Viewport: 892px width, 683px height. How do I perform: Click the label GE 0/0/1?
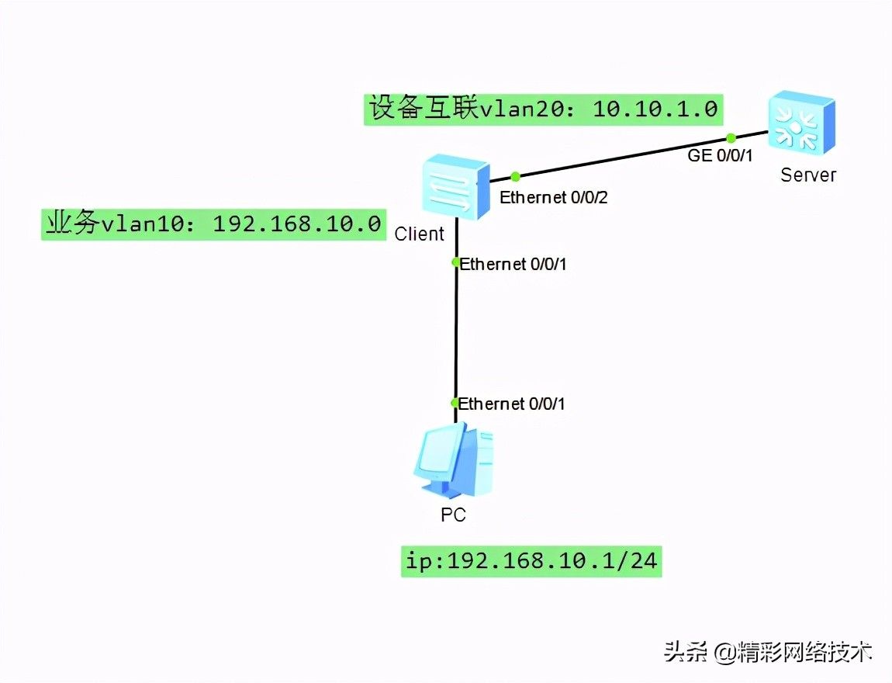pos(721,155)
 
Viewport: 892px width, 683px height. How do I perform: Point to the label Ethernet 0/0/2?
pos(553,198)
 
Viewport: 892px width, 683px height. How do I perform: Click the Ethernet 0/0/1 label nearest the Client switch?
pos(513,265)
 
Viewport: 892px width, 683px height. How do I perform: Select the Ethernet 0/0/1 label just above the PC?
pos(512,404)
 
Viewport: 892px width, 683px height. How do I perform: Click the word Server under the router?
pos(808,175)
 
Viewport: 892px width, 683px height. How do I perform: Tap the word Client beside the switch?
pos(419,234)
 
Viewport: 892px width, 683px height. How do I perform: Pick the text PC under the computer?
pos(453,515)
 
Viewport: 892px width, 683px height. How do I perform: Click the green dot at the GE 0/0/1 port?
pos(730,137)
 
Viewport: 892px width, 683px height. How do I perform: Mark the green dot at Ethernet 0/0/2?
pos(515,177)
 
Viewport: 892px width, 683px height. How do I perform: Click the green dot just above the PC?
pos(456,403)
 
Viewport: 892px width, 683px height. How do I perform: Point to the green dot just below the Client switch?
pos(456,262)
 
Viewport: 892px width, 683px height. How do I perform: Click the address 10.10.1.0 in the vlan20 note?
pos(655,109)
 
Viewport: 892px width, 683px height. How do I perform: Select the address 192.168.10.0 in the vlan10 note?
pos(297,224)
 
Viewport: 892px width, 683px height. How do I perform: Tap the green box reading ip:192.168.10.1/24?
pos(531,560)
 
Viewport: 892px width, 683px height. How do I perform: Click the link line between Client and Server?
pos(621,158)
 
